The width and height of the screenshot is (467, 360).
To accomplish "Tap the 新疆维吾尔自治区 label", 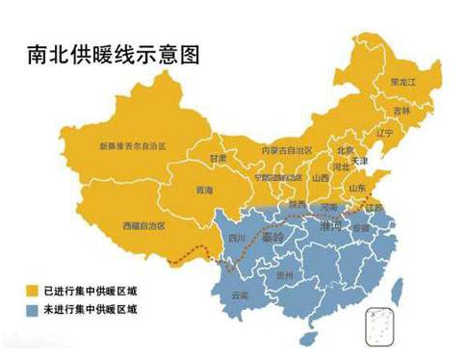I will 133,146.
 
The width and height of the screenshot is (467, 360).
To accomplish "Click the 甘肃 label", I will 219,158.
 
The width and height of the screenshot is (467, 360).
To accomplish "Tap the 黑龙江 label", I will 403,83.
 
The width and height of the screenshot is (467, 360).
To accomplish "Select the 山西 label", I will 319,178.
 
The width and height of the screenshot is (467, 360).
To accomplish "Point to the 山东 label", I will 357,188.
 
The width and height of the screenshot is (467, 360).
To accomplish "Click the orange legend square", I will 31,288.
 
